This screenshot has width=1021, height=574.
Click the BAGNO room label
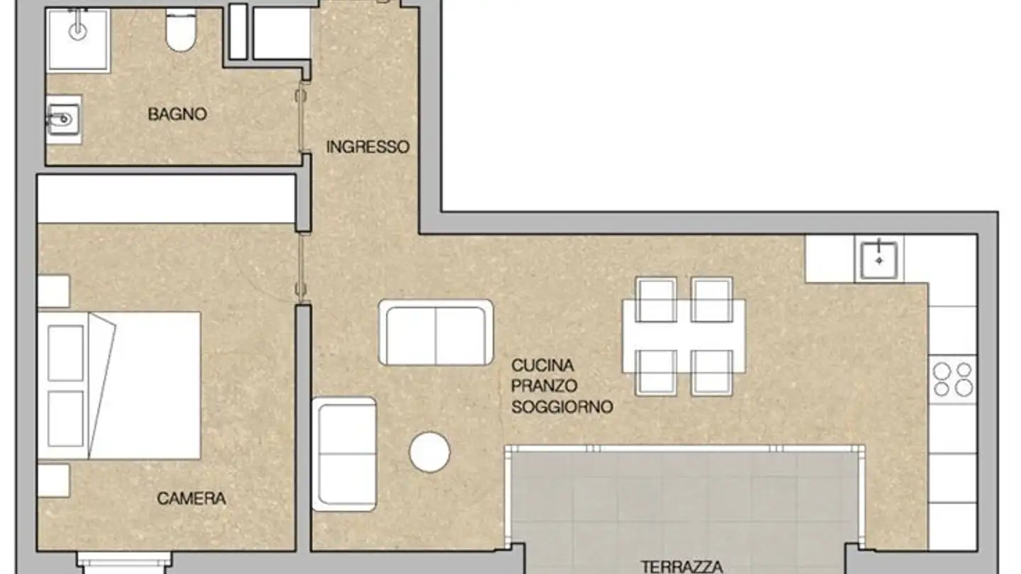click(177, 113)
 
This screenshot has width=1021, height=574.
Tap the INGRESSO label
click(367, 147)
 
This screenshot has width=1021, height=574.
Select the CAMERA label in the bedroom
click(191, 498)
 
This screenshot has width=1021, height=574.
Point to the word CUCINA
click(542, 366)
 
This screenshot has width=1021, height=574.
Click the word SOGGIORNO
click(562, 407)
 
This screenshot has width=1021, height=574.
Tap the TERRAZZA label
click(682, 566)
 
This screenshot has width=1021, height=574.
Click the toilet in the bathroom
click(181, 33)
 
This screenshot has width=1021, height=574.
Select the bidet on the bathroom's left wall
click(64, 118)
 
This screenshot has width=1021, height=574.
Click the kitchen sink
click(879, 260)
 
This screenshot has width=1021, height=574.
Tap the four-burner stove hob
click(953, 379)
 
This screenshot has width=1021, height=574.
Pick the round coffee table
click(430, 452)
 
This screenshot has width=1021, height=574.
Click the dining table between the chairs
click(684, 335)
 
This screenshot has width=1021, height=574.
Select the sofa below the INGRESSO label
click(436, 332)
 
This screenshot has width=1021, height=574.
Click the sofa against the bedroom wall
click(344, 454)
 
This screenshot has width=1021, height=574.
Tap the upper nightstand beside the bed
click(53, 291)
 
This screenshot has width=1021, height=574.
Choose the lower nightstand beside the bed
click(53, 480)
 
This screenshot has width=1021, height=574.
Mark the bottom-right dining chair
click(712, 372)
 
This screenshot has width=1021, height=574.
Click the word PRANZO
click(545, 386)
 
